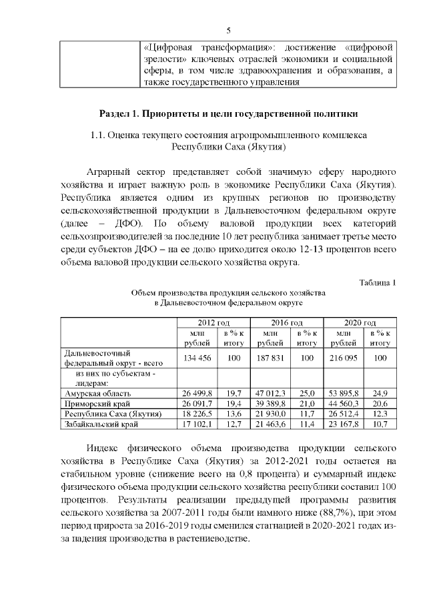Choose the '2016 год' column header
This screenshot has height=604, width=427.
click(x=287, y=323)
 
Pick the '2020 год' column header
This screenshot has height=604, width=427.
click(x=360, y=323)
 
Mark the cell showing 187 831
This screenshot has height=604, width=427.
click(x=270, y=358)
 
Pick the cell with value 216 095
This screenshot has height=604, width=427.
click(x=344, y=358)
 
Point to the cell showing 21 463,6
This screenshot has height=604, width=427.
click(x=270, y=424)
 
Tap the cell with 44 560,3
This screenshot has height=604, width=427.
click(x=344, y=404)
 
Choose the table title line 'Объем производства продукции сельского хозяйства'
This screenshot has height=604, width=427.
click(x=228, y=293)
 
